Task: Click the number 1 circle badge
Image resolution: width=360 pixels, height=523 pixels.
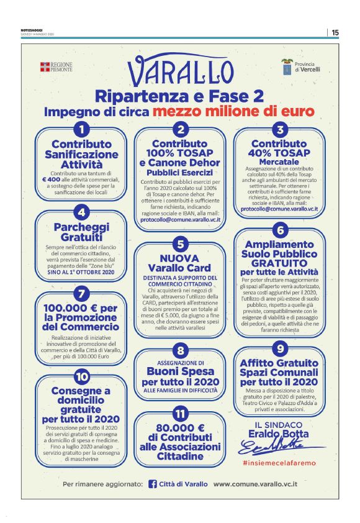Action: pos(81,129)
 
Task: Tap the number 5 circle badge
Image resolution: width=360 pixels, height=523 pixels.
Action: pos(179,243)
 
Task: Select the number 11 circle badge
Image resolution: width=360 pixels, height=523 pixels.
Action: pos(179,414)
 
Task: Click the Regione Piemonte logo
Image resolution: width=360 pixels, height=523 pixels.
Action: pos(56,67)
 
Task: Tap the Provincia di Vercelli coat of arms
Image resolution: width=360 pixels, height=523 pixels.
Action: pos(287,66)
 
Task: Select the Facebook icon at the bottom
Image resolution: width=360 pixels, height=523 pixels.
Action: pos(153,484)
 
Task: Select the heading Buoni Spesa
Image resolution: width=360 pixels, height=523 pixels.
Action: pos(180,372)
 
